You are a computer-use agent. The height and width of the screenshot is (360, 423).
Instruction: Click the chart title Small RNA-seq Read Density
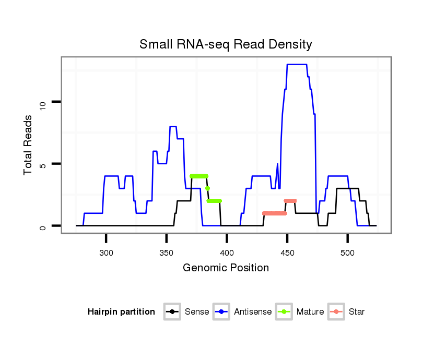[x=226, y=44]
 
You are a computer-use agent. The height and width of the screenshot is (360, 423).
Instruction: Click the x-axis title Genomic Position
[x=226, y=268]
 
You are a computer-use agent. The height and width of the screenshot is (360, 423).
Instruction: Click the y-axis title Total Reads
[x=29, y=145]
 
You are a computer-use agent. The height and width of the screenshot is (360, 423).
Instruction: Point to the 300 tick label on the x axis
[x=106, y=253]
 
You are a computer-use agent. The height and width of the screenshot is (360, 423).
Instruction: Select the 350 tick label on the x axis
[x=166, y=253]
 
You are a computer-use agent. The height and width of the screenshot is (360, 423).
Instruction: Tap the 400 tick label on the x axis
[x=227, y=253]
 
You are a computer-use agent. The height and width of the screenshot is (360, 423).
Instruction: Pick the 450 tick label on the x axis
[x=287, y=253]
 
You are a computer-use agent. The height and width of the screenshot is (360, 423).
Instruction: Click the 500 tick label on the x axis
[x=347, y=253]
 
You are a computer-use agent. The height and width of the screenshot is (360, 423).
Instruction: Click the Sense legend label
[x=197, y=312]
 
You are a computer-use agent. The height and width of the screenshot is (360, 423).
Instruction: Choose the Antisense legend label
[x=253, y=312]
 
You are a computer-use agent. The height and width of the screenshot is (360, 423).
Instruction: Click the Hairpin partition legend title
[x=122, y=312]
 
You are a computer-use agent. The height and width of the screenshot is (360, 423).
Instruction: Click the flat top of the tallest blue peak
[x=297, y=65]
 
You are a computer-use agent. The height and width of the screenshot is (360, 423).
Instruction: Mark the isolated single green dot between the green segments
[x=207, y=188]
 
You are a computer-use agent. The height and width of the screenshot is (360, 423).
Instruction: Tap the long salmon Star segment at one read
[x=275, y=213]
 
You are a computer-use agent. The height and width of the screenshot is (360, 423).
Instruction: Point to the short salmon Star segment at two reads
[x=290, y=201]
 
